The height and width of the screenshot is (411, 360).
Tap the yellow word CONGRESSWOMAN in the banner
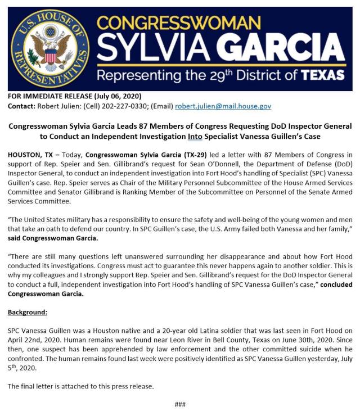(x=179, y=24)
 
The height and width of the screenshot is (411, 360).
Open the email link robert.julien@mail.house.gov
(x=223, y=106)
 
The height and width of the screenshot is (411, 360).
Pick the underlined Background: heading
(x=28, y=311)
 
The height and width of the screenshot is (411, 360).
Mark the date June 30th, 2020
(x=286, y=340)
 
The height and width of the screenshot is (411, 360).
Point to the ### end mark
(x=179, y=404)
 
